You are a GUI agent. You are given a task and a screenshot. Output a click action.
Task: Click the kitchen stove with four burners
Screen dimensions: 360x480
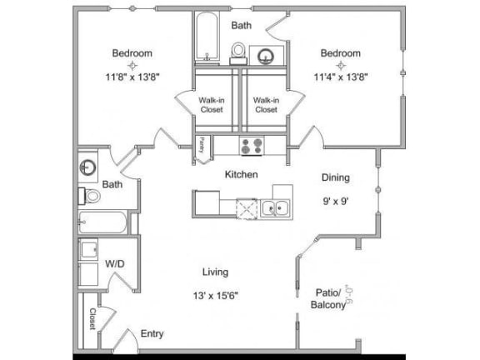(x=252, y=146)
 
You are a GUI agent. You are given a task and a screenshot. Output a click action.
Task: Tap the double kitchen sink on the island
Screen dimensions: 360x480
(x=274, y=207)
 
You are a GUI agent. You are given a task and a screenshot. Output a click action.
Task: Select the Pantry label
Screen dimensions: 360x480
(x=202, y=147)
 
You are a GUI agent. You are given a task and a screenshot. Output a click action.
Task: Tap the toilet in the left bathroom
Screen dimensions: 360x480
(x=92, y=197)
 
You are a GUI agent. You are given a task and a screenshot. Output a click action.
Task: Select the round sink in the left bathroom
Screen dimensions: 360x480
(x=88, y=167)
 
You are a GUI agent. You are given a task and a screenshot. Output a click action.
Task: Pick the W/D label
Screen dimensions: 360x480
(x=115, y=263)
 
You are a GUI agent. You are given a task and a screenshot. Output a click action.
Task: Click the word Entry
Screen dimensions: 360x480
(x=152, y=333)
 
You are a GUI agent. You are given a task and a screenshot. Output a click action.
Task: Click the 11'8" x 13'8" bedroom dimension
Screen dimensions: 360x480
(x=132, y=74)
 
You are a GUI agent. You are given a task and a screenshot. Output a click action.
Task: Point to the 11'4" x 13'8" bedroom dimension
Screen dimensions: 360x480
(x=341, y=74)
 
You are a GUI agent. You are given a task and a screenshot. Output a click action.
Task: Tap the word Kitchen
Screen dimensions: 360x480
(x=241, y=175)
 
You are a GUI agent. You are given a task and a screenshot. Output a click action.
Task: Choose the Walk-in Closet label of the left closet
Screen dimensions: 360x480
(x=211, y=104)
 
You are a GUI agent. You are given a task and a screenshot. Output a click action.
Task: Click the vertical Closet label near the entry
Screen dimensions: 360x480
(x=92, y=319)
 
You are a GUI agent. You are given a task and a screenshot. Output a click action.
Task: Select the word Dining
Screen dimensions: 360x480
(x=336, y=177)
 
